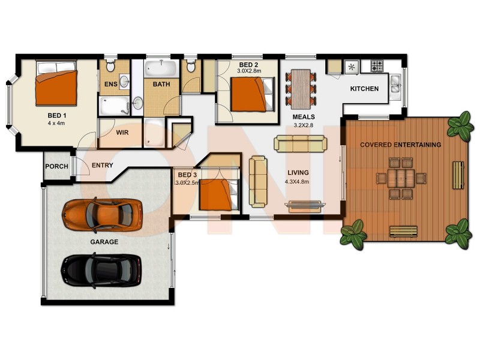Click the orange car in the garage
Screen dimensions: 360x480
pyautogui.click(x=98, y=214)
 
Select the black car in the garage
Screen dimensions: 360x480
pyautogui.click(x=101, y=270)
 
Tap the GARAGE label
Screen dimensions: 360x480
pyautogui.click(x=104, y=242)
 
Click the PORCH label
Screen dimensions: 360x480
pyautogui.click(x=57, y=167)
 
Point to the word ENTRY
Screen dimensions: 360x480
pyautogui.click(x=102, y=166)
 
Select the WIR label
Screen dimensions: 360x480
pyautogui.click(x=122, y=132)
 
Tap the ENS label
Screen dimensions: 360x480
pyautogui.click(x=111, y=85)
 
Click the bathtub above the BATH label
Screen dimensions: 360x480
pyautogui.click(x=160, y=67)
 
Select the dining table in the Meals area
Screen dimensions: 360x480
pyautogui.click(x=301, y=85)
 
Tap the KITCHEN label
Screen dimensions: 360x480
pyautogui.click(x=364, y=89)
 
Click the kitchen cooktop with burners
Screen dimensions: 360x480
pyautogui.click(x=377, y=65)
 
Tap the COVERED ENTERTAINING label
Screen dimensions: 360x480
pyautogui.click(x=400, y=145)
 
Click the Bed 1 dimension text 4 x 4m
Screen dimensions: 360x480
pyautogui.click(x=57, y=124)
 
